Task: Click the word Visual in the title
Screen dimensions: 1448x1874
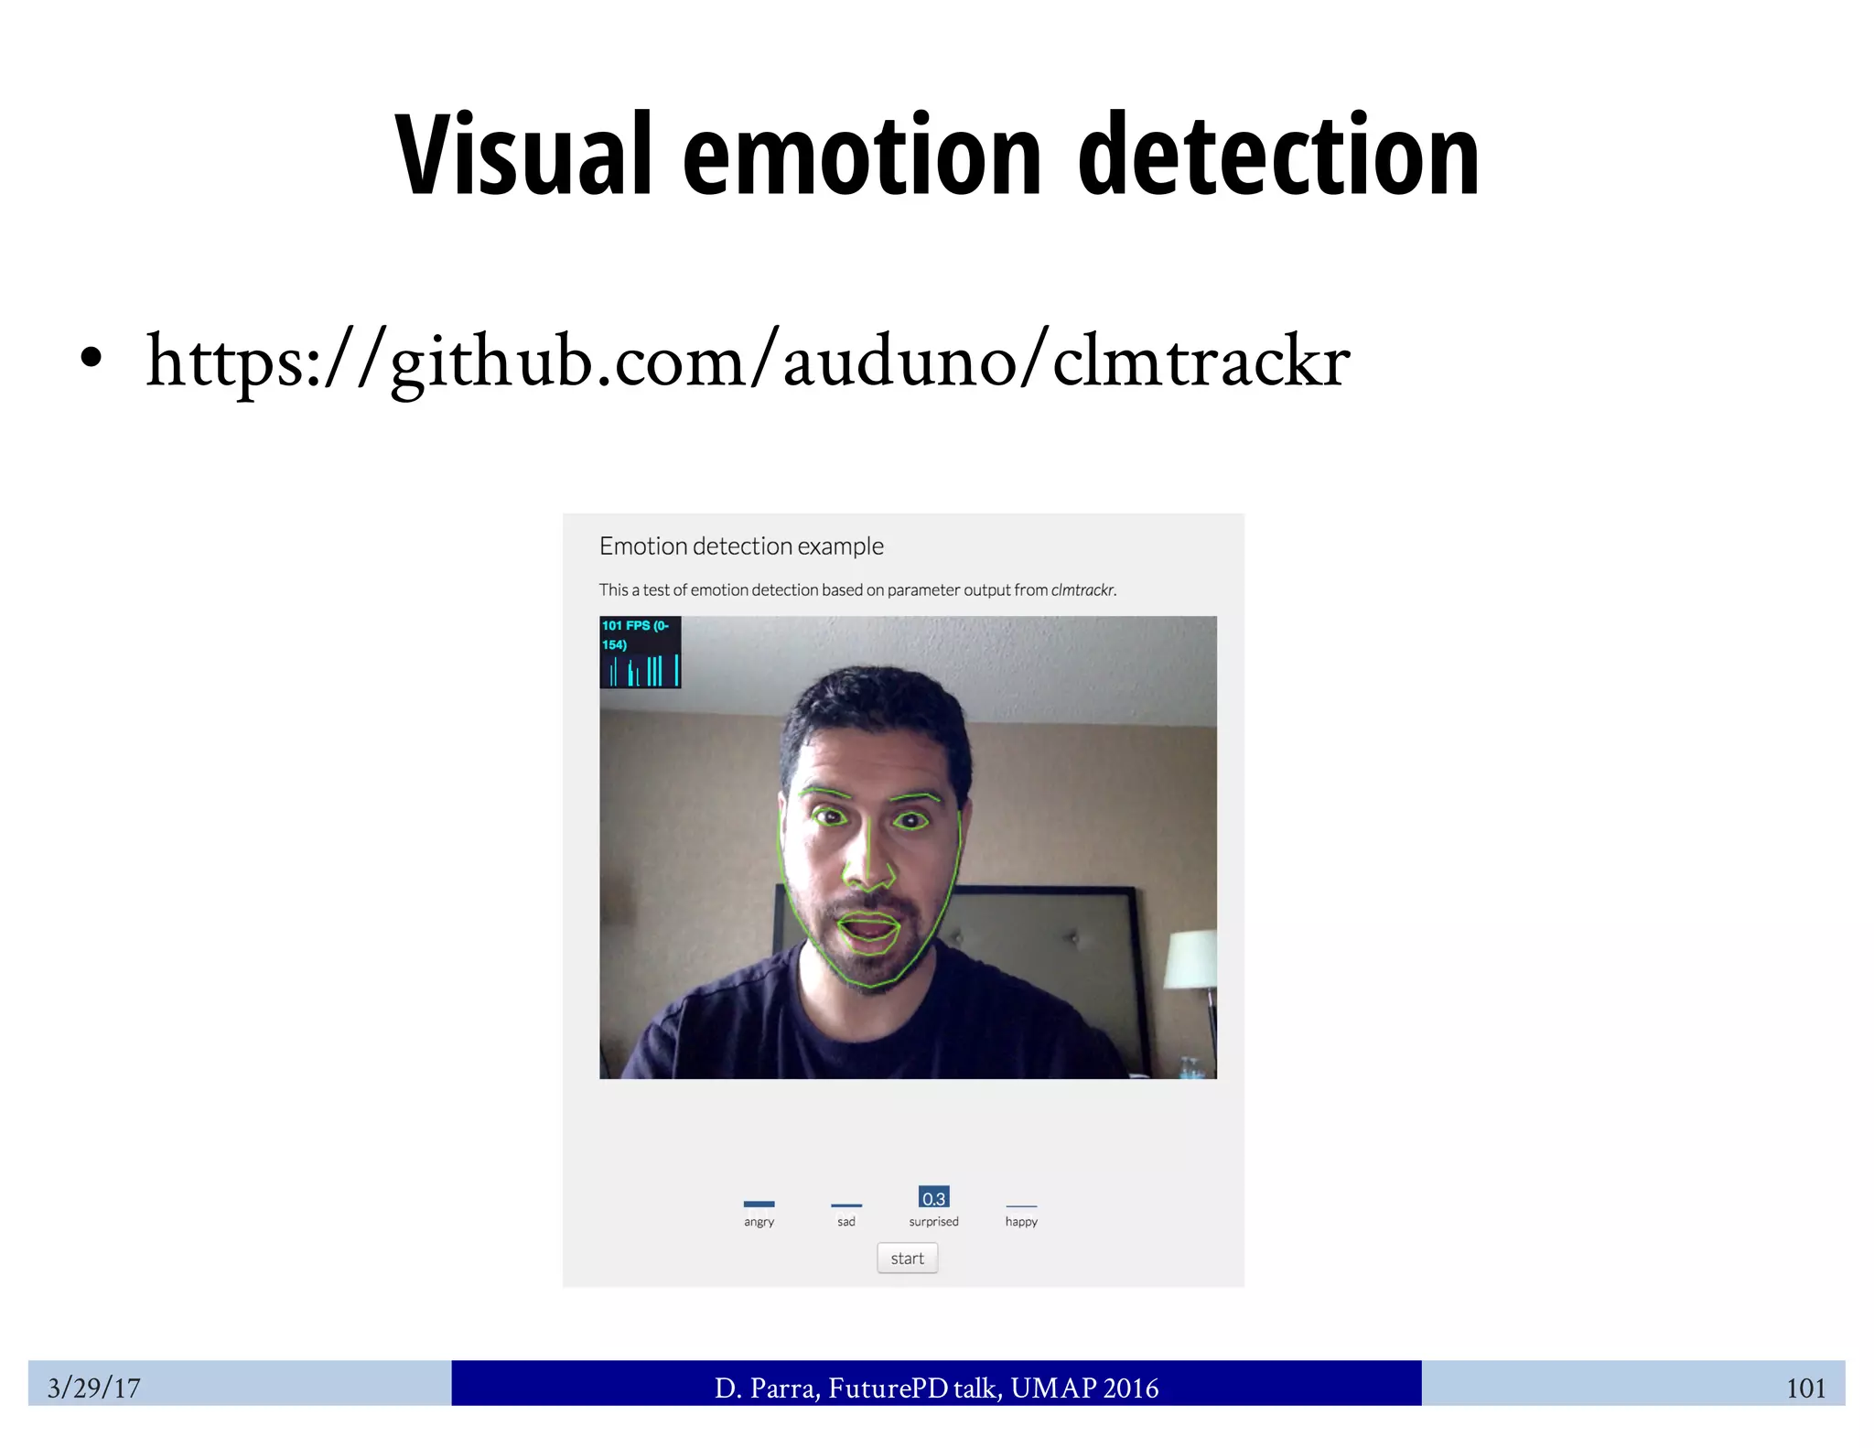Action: tap(522, 156)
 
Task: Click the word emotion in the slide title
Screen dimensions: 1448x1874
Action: tap(861, 156)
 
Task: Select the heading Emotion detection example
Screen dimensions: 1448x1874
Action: tap(741, 546)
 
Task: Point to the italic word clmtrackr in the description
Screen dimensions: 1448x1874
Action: tap(1082, 590)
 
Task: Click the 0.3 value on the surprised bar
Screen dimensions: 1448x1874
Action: tap(933, 1198)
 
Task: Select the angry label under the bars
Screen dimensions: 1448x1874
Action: tap(759, 1222)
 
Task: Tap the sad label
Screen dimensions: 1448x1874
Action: tap(846, 1222)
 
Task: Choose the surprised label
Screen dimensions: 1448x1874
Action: tap(933, 1222)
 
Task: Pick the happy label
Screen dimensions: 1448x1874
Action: tap(1021, 1222)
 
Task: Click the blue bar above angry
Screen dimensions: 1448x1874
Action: tap(759, 1204)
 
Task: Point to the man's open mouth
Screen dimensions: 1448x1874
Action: tap(868, 931)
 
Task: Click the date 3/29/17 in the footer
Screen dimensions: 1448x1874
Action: tap(93, 1388)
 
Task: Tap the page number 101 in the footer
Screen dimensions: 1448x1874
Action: tap(1805, 1389)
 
